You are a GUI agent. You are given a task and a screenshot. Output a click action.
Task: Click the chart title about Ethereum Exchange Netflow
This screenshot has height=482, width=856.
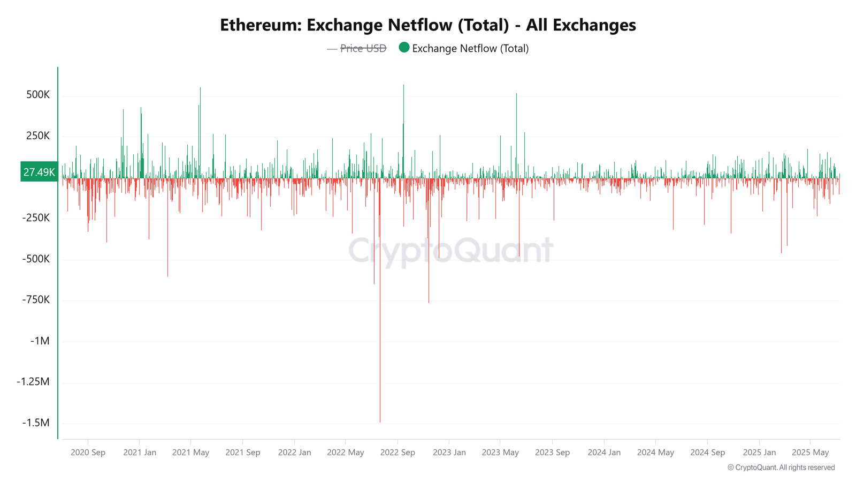click(428, 25)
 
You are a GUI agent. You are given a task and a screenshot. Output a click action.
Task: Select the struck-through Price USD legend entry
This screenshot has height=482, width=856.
click(363, 48)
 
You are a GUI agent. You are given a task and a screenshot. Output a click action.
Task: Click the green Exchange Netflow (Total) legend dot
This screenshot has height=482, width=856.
click(404, 48)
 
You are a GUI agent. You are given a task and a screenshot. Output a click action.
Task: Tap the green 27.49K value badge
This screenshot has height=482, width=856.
click(39, 172)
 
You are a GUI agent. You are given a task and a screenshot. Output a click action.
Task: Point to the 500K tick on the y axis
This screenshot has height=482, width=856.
click(38, 95)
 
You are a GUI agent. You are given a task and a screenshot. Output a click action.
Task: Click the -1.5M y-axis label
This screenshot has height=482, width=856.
click(36, 423)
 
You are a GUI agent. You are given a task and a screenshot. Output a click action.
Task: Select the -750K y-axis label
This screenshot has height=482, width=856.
click(36, 299)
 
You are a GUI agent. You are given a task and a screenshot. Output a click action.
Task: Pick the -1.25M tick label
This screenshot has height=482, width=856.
click(33, 381)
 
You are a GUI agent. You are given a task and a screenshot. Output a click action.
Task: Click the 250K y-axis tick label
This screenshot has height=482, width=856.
click(38, 135)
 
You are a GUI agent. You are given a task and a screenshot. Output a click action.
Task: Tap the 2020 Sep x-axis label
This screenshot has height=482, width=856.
click(88, 452)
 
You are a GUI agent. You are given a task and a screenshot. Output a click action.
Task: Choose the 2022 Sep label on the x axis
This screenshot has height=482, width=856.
click(398, 452)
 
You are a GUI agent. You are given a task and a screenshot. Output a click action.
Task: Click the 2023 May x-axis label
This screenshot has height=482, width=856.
click(500, 452)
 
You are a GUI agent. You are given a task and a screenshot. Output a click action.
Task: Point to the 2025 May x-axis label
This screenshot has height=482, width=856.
click(810, 452)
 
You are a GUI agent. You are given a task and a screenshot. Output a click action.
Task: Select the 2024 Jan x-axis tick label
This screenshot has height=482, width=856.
click(604, 452)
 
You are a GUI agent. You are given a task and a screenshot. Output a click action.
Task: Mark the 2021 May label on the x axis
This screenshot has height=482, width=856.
click(190, 452)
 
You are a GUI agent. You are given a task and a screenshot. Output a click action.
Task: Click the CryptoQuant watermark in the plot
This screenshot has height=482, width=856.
click(450, 250)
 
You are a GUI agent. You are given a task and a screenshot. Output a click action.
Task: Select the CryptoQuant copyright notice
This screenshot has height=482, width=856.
click(781, 468)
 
